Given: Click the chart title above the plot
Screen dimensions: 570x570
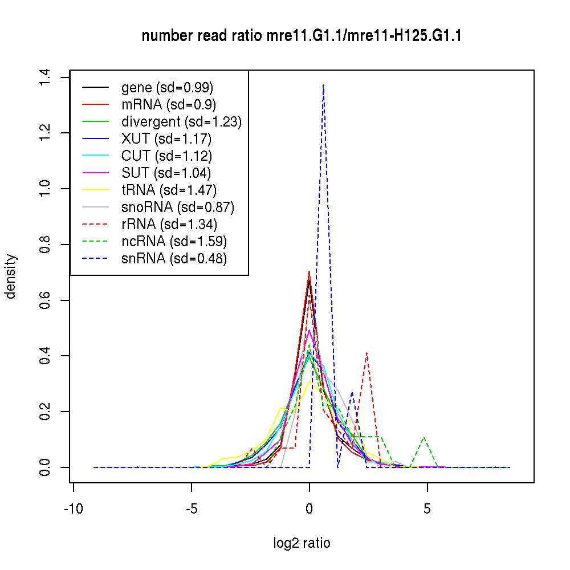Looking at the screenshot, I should pos(302,36).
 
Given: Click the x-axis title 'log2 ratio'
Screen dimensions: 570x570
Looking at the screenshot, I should pos(302,543).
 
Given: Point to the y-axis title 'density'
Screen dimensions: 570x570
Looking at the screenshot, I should pos(10,276).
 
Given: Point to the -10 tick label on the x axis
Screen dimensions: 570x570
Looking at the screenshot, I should pos(73,508).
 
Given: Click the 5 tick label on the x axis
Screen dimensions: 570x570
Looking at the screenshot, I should pos(427,508).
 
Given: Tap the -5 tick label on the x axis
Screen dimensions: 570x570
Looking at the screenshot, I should pos(191,508).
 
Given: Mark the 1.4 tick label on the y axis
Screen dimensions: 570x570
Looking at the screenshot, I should pos(46,78).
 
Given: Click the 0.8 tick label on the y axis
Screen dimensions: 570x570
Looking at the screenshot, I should pos(46,245).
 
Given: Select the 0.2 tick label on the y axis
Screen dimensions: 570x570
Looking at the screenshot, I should pos(46,412).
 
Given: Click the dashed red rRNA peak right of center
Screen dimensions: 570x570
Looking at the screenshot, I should pos(367,353).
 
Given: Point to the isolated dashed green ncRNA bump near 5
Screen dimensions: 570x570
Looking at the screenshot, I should pos(424,437).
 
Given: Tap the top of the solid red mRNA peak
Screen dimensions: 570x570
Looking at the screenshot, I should pos(309,272).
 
